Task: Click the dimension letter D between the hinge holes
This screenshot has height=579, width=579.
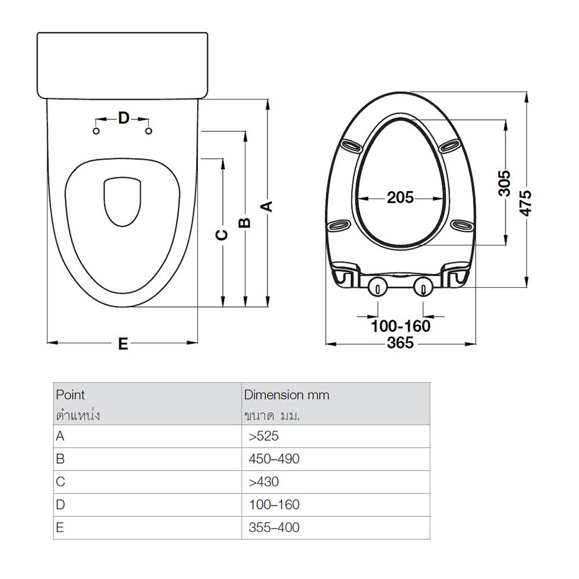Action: tap(123, 119)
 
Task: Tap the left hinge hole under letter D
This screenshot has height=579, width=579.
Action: tap(97, 131)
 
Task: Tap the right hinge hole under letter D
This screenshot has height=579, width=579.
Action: tap(149, 131)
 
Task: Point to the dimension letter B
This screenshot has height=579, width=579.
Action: tap(245, 222)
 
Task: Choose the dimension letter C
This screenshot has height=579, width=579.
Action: tap(222, 234)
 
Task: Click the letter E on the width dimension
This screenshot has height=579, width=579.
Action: tap(123, 344)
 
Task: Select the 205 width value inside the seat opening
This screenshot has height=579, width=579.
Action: tap(401, 197)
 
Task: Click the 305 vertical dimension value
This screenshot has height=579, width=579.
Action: tap(504, 183)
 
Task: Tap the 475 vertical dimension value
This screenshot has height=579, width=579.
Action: tap(525, 202)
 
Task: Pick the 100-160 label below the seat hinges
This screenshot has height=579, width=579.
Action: tap(401, 326)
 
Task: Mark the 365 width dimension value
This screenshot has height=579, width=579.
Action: tap(401, 343)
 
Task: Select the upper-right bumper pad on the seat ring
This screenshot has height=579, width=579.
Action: tap(449, 145)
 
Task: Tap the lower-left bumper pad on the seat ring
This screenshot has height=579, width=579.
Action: tap(339, 225)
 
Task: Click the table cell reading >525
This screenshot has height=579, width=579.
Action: tap(264, 436)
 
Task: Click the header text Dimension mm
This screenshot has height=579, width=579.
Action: tap(287, 395)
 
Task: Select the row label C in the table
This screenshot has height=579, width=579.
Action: tap(61, 482)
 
